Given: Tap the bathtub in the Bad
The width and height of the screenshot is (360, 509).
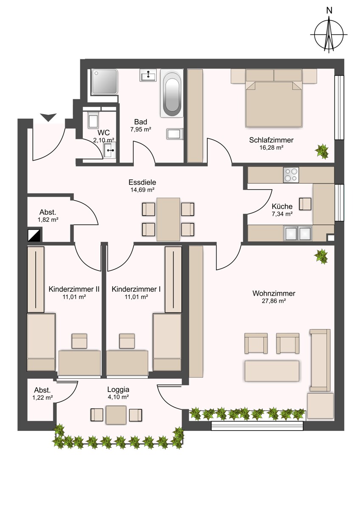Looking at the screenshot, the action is (x=172, y=93).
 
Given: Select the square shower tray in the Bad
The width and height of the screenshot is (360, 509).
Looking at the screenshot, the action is (x=104, y=81).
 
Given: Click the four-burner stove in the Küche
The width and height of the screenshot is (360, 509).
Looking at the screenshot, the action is (x=291, y=175).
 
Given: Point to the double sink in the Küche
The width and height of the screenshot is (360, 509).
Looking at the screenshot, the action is (x=298, y=233).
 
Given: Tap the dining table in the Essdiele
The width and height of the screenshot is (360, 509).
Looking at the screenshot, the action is (x=168, y=219).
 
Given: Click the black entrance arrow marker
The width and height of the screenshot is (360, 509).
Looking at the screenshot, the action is (x=48, y=117).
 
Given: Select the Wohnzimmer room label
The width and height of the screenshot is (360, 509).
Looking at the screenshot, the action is (x=273, y=293).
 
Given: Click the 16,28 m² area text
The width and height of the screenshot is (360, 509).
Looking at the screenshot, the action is (x=271, y=148).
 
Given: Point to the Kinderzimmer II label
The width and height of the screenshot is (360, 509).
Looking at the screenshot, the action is (x=74, y=289).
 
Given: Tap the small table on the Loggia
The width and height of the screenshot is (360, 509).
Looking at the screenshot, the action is (x=116, y=415).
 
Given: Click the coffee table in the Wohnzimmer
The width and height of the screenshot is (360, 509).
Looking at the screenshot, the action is (x=272, y=371).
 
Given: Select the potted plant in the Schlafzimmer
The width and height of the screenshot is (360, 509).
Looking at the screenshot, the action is (x=322, y=151).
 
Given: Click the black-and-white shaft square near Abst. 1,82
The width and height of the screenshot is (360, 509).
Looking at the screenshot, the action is (x=34, y=235).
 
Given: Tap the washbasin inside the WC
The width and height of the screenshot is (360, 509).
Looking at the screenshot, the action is (x=110, y=150).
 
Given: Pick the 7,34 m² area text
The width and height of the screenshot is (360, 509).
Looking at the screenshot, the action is (x=282, y=214).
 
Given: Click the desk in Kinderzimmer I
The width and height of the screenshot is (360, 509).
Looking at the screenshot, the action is (x=127, y=363).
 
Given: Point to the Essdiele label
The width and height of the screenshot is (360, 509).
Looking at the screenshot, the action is (x=142, y=182).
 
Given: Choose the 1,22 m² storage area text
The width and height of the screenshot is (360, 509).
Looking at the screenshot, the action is (x=42, y=397).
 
